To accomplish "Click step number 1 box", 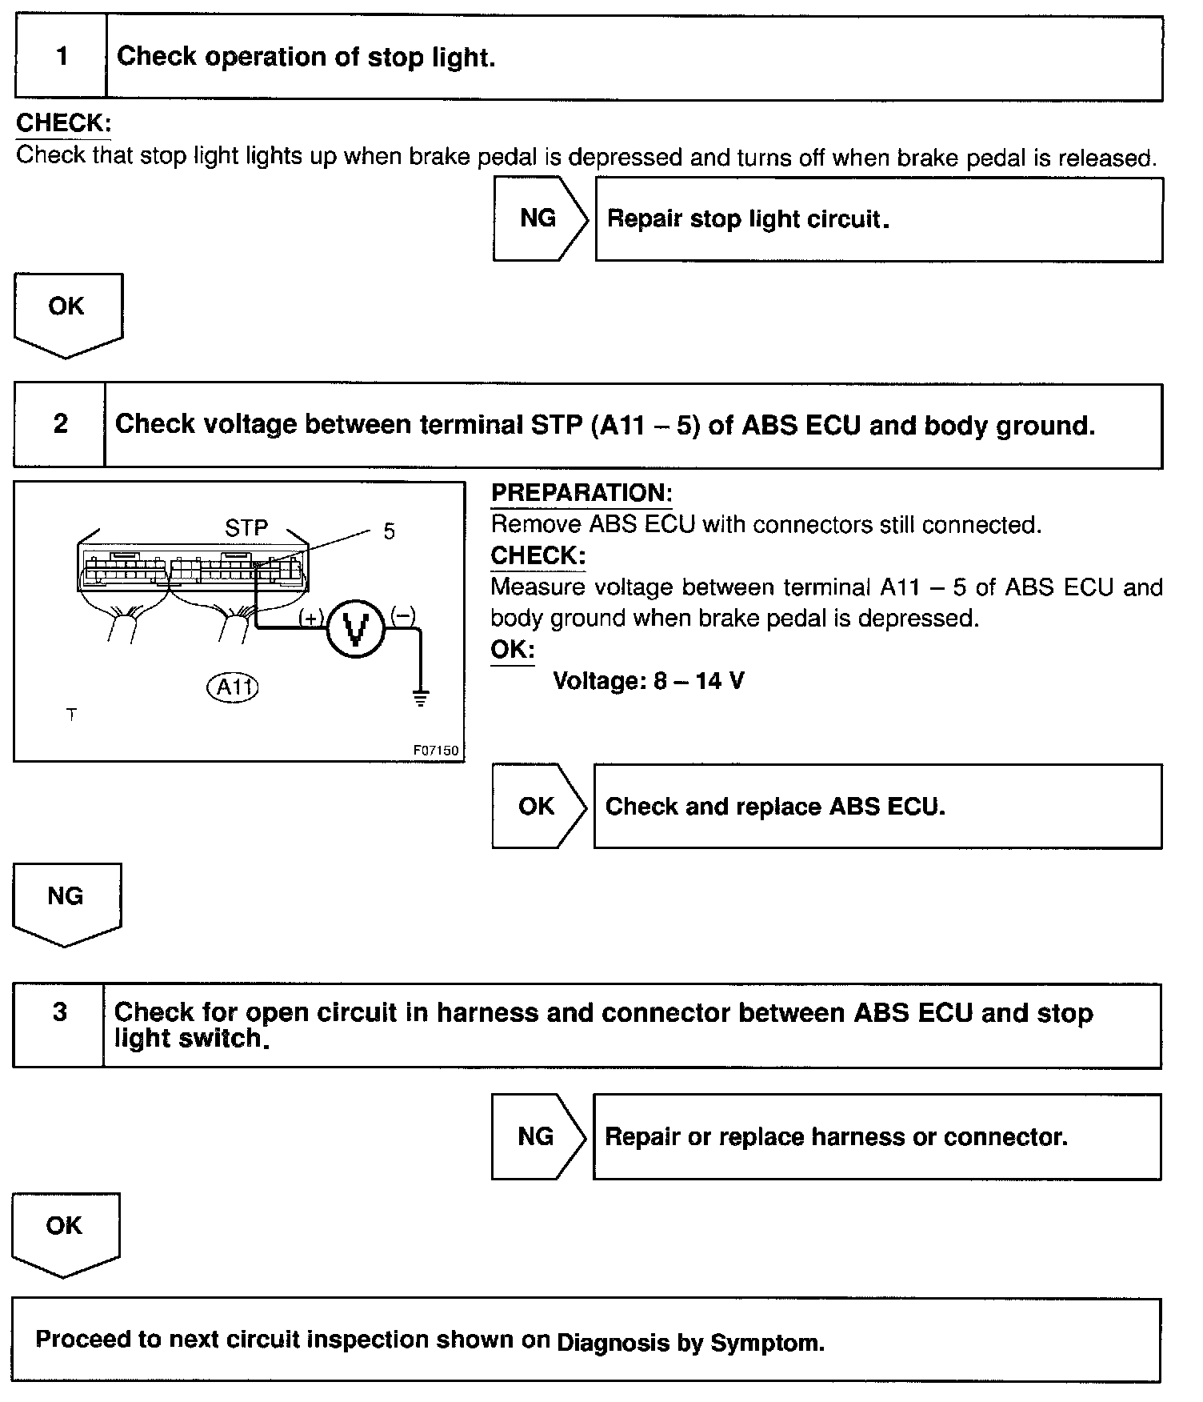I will (61, 57).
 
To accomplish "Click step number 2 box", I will (60, 424).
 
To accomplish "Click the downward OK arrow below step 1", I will (67, 312).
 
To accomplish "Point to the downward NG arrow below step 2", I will (66, 901).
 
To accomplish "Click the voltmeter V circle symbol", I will (356, 629).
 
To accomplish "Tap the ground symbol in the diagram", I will (420, 697).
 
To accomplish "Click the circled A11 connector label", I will (233, 687).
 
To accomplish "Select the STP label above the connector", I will (246, 528).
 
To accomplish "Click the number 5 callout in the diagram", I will (389, 532).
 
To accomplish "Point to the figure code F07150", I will (436, 751).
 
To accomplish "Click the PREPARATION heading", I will (582, 493).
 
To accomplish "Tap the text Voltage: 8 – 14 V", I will (649, 681).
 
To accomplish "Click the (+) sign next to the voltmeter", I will (311, 617).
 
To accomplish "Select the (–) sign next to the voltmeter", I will (402, 615).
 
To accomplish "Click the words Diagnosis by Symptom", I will (690, 1342).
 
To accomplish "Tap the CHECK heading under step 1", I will (63, 123).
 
